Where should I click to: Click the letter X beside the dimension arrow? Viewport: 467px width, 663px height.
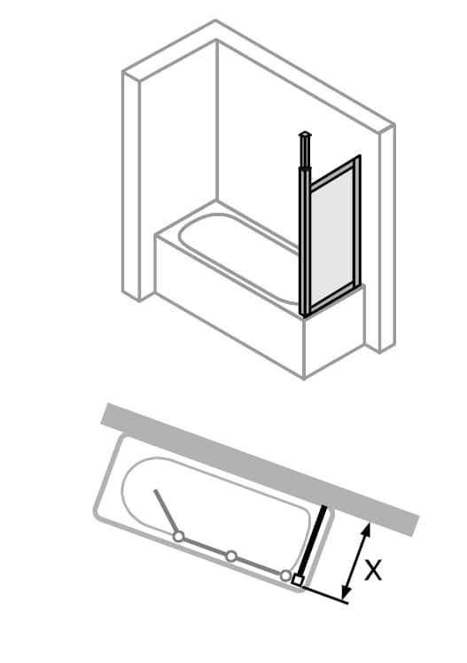pyautogui.click(x=373, y=570)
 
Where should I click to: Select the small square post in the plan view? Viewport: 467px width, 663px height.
pyautogui.click(x=297, y=581)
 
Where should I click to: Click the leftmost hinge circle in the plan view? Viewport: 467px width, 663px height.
pyautogui.click(x=179, y=536)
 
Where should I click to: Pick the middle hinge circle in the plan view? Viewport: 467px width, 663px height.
pyautogui.click(x=230, y=556)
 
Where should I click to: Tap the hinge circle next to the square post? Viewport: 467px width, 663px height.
pyautogui.click(x=285, y=574)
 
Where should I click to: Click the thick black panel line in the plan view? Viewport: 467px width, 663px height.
pyautogui.click(x=312, y=541)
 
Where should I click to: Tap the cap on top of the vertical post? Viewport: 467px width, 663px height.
pyautogui.click(x=305, y=136)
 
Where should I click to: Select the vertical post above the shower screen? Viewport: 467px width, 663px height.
pyautogui.click(x=305, y=153)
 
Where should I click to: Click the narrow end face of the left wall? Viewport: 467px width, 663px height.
pyautogui.click(x=131, y=186)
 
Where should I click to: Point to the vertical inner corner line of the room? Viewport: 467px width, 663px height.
pyautogui.click(x=217, y=120)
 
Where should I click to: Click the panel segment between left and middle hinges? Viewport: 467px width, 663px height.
pyautogui.click(x=205, y=546)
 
